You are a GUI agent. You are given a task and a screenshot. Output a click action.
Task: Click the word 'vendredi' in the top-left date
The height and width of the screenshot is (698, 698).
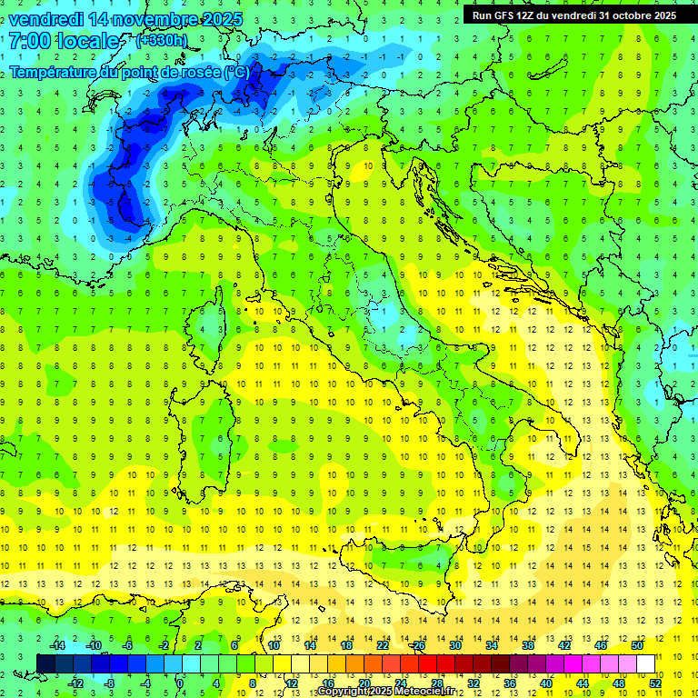pos(45,18)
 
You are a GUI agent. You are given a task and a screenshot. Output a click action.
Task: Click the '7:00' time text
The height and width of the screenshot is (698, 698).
pos(27,41)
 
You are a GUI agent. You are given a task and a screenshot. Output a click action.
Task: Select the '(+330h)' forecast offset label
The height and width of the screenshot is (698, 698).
pos(161,41)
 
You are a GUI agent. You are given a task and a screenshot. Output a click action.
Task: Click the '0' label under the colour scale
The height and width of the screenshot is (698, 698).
pos(180,683)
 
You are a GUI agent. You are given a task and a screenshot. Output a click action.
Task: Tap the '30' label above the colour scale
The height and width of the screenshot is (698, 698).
pos(454,645)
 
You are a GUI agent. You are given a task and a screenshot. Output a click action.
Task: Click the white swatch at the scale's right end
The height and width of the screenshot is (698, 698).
pos(646,663)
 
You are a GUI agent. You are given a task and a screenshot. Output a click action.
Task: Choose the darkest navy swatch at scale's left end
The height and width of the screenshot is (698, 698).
pos(46,663)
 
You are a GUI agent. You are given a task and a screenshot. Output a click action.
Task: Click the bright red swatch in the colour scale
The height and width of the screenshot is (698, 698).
pos(427,663)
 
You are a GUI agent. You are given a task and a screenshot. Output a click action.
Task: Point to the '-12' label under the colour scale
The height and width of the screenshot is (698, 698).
pos(75,683)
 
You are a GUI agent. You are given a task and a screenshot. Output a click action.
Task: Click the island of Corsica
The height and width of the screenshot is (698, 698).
pos(212,323)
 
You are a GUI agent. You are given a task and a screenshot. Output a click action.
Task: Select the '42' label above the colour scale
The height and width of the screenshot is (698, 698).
pos(564,645)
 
